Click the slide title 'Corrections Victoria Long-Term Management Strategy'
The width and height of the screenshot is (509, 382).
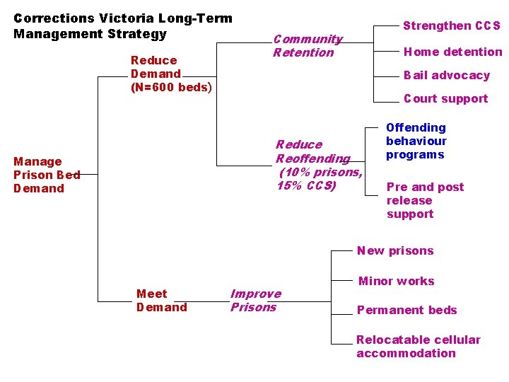(x=123, y=25)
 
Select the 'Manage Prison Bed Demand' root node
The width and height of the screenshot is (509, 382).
(x=47, y=175)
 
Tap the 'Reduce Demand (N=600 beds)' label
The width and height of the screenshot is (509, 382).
(x=170, y=74)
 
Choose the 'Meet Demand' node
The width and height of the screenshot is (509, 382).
(x=161, y=300)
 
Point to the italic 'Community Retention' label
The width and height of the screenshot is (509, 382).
(x=308, y=45)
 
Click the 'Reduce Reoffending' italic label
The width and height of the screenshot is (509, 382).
(x=312, y=151)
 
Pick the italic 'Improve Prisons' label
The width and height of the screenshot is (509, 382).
(x=255, y=300)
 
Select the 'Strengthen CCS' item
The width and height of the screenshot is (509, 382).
(x=451, y=25)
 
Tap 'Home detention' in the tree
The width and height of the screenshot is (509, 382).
(x=452, y=51)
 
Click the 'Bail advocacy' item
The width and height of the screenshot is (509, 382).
(x=446, y=75)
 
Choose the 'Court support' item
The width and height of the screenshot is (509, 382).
(x=445, y=98)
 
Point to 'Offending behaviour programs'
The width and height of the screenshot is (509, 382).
(x=416, y=141)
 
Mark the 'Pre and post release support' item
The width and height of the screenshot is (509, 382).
(x=425, y=200)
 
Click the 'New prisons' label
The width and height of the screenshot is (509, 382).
(x=395, y=250)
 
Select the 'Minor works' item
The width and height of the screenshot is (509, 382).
(x=396, y=281)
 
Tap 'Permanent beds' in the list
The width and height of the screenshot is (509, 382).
(x=406, y=310)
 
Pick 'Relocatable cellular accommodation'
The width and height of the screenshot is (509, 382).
(x=418, y=347)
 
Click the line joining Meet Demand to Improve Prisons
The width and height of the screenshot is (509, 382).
(x=209, y=301)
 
